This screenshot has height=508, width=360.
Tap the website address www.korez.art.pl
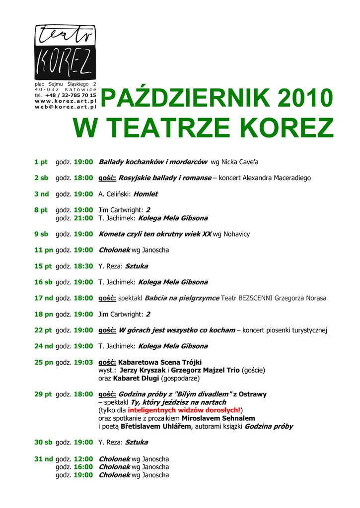pyautogui.click(x=66, y=101)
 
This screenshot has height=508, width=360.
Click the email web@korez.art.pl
pyautogui.click(x=66, y=107)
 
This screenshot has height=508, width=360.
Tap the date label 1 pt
pyautogui.click(x=41, y=162)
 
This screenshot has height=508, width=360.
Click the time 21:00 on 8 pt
pyautogui.click(x=83, y=218)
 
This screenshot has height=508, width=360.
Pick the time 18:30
pyautogui.click(x=83, y=266)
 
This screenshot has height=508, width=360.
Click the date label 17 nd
pyautogui.click(x=43, y=298)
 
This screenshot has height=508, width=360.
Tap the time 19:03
pyautogui.click(x=83, y=362)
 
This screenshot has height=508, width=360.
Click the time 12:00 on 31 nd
pyautogui.click(x=83, y=459)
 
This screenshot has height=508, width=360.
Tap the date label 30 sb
pyautogui.click(x=43, y=442)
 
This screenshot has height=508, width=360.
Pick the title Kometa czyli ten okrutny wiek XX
pyautogui.click(x=155, y=234)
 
